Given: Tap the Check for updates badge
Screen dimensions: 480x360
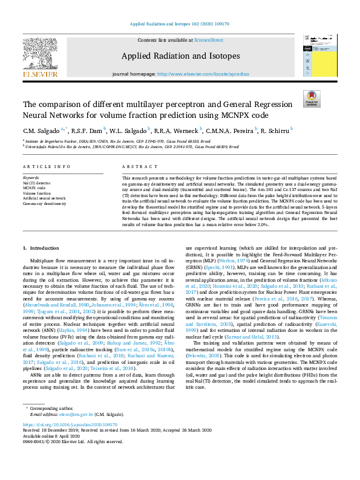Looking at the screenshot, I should coord(312,99).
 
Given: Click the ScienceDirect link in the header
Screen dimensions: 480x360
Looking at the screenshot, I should coord(208,39).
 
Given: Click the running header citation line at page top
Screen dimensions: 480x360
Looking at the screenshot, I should coord(180,25).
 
